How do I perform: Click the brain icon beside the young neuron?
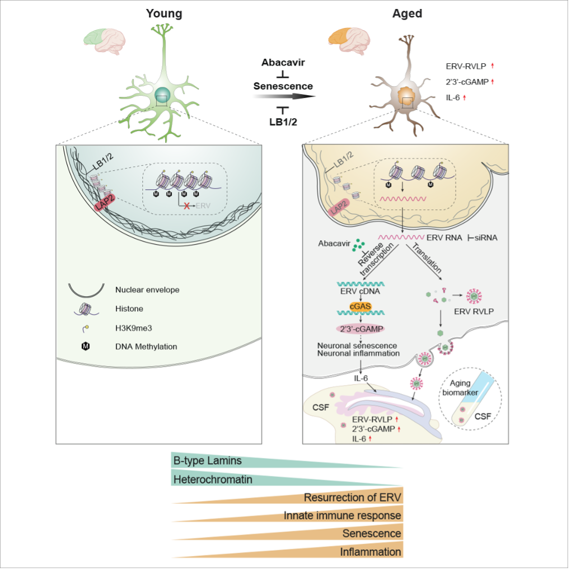coord(104,41)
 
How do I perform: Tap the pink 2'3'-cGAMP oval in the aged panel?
coord(361,329)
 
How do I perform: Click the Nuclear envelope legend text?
coord(147,290)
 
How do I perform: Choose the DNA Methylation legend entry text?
coord(146,347)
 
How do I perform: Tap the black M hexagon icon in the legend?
coord(86,347)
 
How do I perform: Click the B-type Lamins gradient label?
coord(208,461)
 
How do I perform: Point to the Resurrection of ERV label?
coord(353,497)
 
